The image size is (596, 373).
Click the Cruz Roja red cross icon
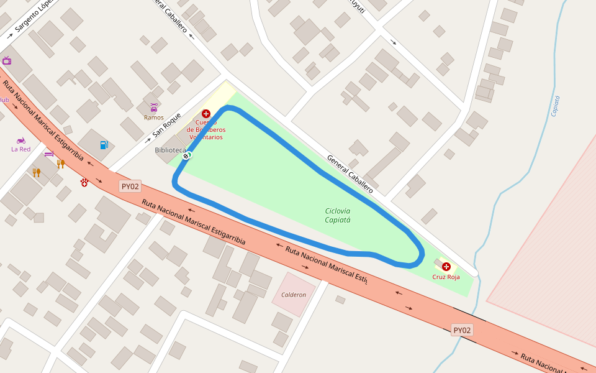[x=446, y=266]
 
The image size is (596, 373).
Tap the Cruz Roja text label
[x=446, y=277]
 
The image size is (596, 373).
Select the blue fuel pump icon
[x=104, y=145]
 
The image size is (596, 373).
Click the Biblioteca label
[x=170, y=150]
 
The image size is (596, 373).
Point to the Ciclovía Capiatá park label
[x=338, y=215]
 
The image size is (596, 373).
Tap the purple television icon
[x=7, y=60]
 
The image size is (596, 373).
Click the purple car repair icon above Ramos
[x=154, y=108]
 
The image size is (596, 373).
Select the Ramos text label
[x=154, y=117]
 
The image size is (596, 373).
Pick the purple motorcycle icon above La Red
[x=21, y=140]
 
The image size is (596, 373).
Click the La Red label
[x=21, y=149]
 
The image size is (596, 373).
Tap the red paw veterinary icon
[x=84, y=182]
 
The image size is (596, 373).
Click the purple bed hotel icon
[x=49, y=153]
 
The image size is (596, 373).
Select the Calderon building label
[x=294, y=295]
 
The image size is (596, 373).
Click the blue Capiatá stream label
[x=556, y=106]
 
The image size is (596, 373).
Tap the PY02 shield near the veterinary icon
[x=130, y=186]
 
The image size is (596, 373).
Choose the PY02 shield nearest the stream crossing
[x=462, y=330]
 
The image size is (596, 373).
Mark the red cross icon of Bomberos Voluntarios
[x=206, y=114]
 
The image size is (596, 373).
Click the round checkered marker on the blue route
[x=186, y=156]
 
